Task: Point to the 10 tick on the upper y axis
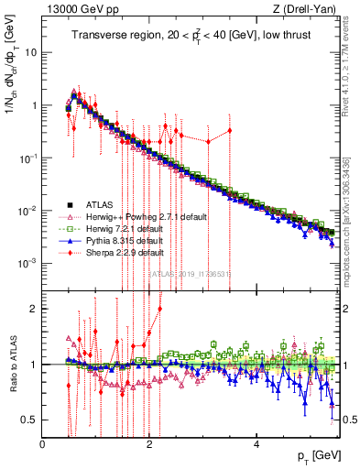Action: click(32, 52)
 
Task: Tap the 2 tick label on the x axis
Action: click(150, 442)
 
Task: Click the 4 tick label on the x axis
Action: click(257, 442)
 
